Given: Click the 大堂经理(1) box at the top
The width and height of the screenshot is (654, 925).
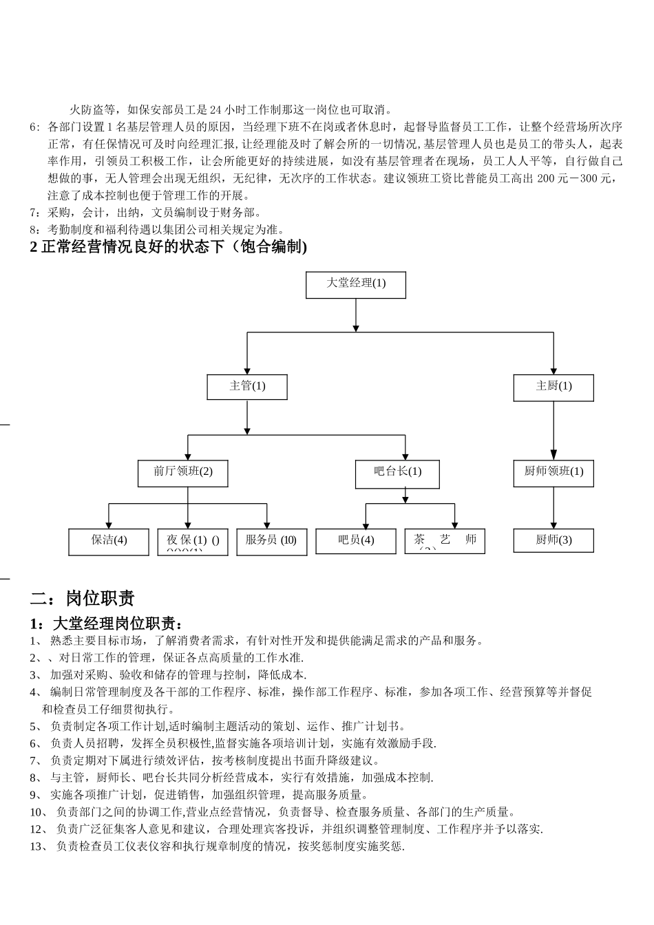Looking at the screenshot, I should [x=355, y=284].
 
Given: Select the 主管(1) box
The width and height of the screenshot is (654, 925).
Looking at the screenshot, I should [x=246, y=387].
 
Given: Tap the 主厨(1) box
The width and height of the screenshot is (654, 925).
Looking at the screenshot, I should [x=553, y=387].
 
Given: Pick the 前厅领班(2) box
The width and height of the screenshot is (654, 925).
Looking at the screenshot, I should [x=183, y=473].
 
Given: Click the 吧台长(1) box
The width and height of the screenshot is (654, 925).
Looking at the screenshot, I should [x=397, y=473].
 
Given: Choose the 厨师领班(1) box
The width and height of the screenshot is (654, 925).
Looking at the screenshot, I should [x=553, y=473].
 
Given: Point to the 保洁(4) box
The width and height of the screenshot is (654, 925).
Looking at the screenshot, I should [x=108, y=542].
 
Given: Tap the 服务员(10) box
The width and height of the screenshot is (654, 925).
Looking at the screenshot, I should [x=271, y=542].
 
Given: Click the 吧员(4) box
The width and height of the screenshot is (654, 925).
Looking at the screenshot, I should [x=355, y=542].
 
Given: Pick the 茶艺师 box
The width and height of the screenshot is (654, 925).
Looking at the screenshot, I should [x=445, y=541].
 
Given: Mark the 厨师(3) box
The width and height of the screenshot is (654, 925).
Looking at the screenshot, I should [x=553, y=541].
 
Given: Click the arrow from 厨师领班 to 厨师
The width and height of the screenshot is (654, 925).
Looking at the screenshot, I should [x=553, y=508].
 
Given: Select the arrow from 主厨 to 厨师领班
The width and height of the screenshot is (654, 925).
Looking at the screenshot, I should [x=553, y=430].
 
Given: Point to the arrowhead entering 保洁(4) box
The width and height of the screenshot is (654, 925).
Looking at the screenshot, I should [x=109, y=524].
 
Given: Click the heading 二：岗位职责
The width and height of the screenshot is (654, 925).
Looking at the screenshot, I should [x=83, y=597].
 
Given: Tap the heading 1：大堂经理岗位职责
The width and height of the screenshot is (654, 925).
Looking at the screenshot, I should [x=107, y=624].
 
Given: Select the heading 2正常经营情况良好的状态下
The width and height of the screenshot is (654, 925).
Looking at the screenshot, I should [x=169, y=246].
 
